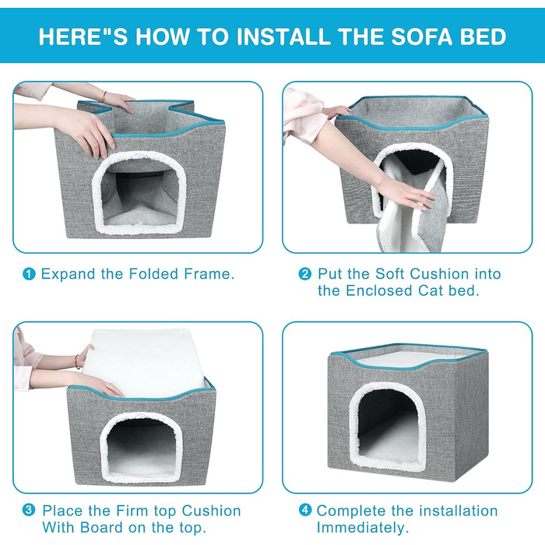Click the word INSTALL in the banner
(284, 37)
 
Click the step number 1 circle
(29, 274)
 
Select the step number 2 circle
(305, 274)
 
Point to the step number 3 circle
(29, 511)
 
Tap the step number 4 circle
(305, 510)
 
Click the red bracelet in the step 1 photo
(104, 97)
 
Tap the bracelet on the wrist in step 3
(78, 362)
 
